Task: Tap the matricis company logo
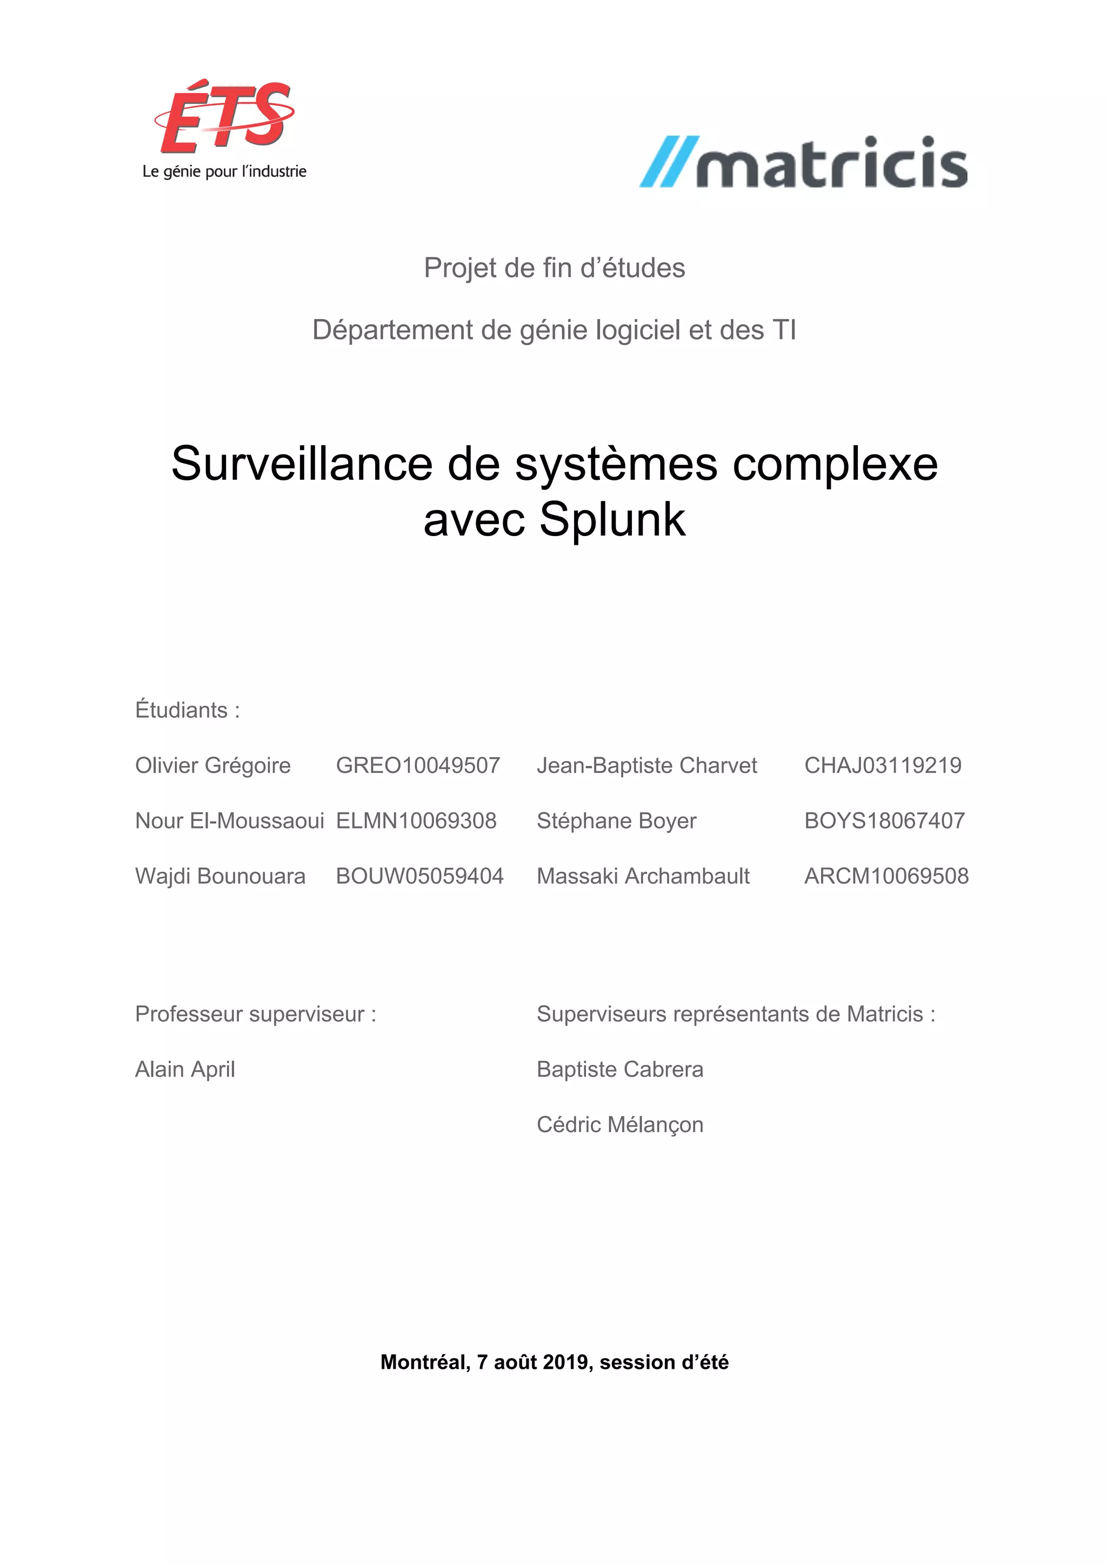[x=804, y=162]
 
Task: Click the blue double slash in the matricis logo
[x=668, y=162]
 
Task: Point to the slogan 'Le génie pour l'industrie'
[x=224, y=172]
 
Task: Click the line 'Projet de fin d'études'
[x=554, y=268]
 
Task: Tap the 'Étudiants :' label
[x=188, y=710]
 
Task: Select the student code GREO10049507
[x=418, y=765]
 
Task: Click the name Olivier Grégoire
[x=212, y=765]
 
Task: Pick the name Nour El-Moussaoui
[x=229, y=821]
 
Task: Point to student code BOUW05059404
[x=419, y=876]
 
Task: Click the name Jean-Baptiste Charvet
[x=646, y=765]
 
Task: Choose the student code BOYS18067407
[x=884, y=821]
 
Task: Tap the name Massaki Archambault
[x=643, y=876]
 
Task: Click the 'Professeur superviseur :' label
[x=256, y=1014]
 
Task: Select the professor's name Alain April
[x=185, y=1069]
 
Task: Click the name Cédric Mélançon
[x=619, y=1125]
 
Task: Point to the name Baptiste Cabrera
[x=619, y=1069]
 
